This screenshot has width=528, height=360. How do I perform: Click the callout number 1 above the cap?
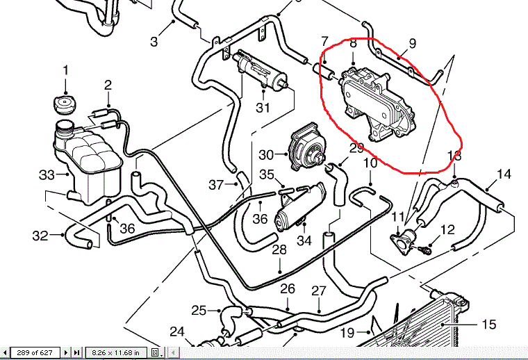tap(66, 70)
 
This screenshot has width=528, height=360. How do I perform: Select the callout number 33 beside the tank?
tap(47, 174)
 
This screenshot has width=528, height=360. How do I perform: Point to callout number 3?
tap(154, 41)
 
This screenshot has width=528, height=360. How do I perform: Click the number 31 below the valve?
tap(262, 108)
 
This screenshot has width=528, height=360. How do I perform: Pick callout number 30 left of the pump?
tap(267, 154)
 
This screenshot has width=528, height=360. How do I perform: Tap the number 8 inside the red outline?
tap(353, 44)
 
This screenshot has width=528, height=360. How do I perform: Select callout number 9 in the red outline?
tap(412, 43)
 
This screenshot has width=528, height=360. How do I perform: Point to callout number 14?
tap(504, 174)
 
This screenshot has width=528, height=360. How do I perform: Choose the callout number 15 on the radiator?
tap(489, 324)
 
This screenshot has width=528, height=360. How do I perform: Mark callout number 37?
tap(216, 185)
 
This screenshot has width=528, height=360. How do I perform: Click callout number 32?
tap(39, 236)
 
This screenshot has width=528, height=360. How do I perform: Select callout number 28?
tap(279, 249)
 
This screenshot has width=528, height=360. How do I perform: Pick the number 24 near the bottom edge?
tap(177, 332)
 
